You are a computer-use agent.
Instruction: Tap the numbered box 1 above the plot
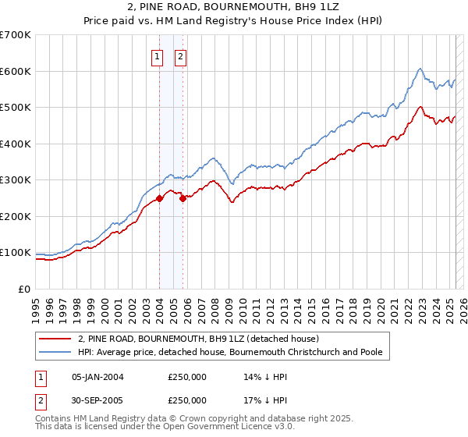157,56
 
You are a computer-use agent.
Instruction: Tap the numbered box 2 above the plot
180,56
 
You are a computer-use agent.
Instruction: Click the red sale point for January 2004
159,198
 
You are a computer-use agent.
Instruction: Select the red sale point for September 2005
183,198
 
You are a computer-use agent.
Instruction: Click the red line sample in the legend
55,339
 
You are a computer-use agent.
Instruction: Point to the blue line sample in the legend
55,353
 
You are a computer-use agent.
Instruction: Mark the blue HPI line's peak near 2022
420,69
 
